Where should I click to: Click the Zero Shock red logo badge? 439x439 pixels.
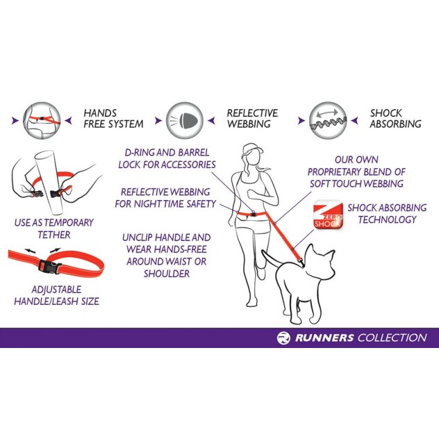[329, 215]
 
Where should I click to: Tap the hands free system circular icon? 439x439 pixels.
[42, 121]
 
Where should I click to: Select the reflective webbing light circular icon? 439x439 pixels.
[185, 121]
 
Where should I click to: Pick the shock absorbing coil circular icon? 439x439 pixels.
[328, 121]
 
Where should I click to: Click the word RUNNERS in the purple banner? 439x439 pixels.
[324, 338]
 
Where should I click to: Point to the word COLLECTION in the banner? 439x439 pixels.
[392, 338]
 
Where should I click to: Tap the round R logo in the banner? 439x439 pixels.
[283, 338]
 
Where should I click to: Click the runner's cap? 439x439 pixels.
[252, 149]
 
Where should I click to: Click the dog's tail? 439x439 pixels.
[270, 258]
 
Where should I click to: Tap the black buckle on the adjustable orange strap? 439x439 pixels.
[50, 267]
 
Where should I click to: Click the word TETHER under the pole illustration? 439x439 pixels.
[54, 235]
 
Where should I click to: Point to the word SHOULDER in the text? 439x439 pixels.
[167, 274]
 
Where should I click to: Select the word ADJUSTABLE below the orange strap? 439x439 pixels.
[56, 290]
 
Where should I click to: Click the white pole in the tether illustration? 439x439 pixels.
[51, 182]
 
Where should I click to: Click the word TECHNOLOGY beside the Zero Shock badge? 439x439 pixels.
[387, 219]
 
